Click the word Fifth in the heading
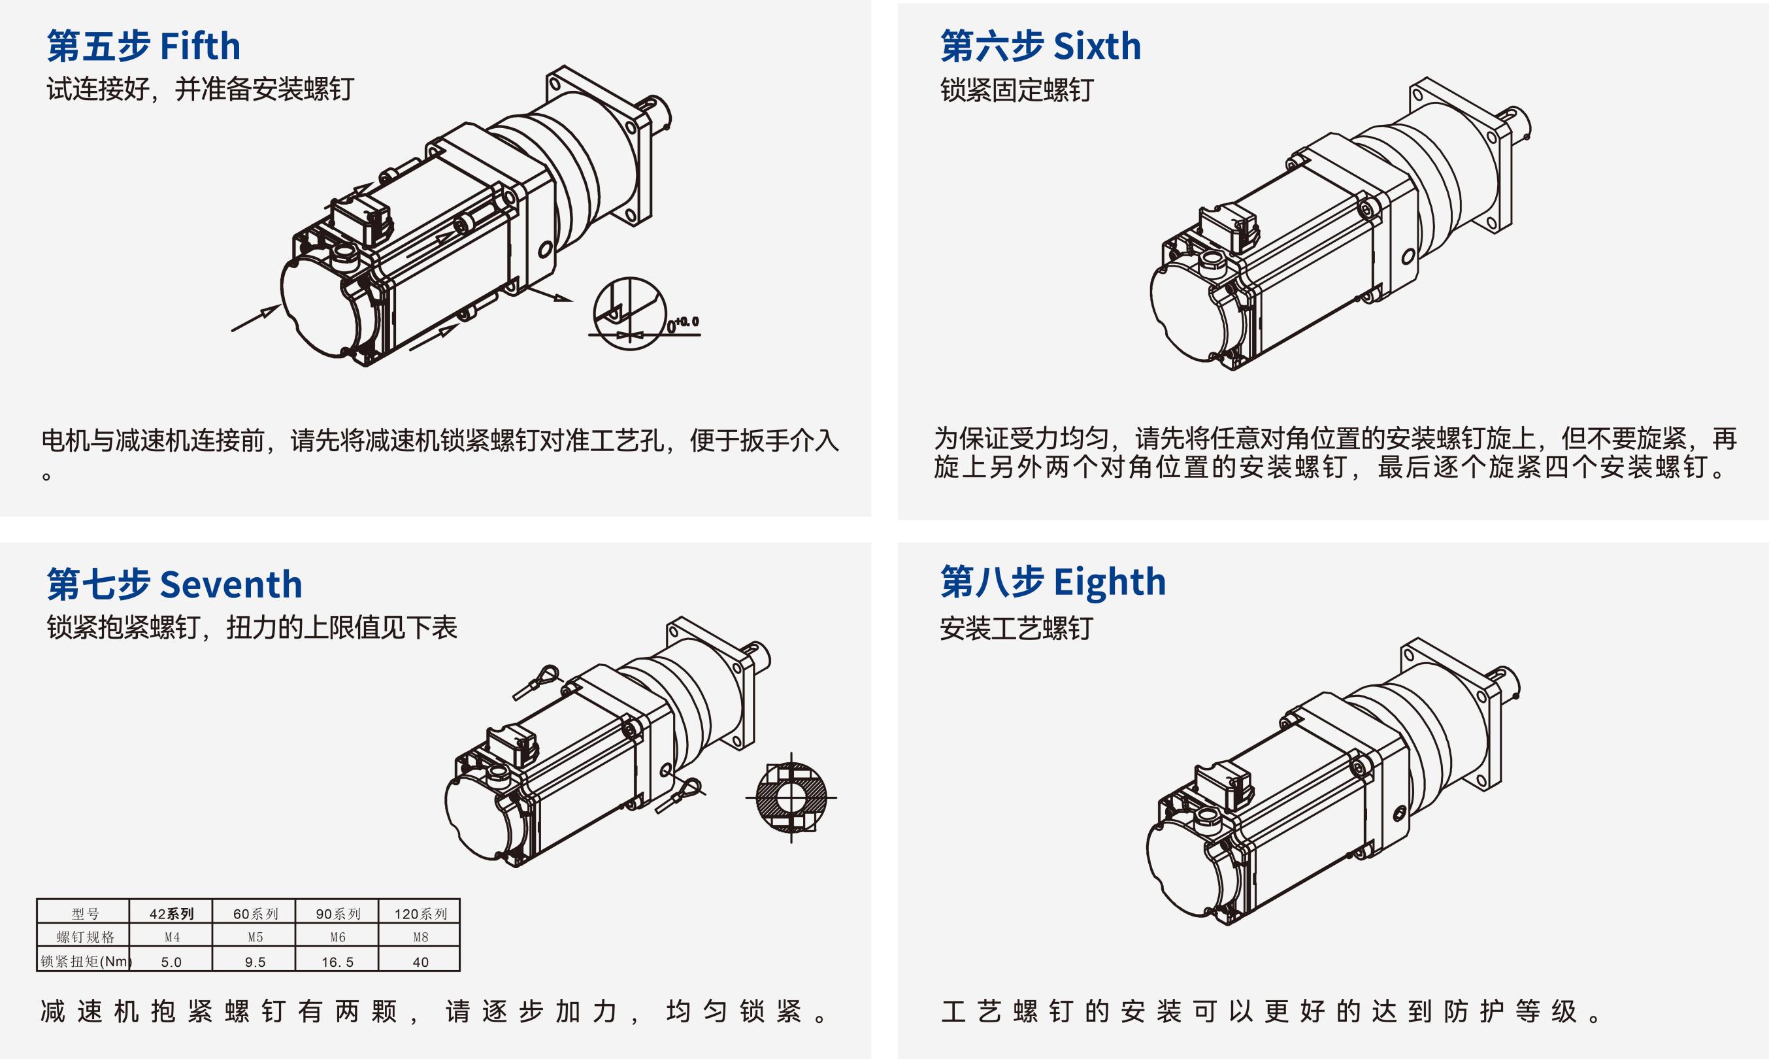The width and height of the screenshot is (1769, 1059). click(200, 46)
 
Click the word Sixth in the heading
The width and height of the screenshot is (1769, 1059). click(1097, 46)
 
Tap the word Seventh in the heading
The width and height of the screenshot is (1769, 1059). click(231, 585)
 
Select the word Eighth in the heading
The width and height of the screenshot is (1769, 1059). click(1109, 582)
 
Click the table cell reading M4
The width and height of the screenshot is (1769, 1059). click(171, 937)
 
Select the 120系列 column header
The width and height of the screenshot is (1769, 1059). click(420, 913)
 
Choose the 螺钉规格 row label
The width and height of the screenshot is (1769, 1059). click(85, 937)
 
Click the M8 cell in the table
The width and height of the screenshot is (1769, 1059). click(420, 937)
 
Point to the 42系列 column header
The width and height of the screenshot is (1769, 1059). click(171, 913)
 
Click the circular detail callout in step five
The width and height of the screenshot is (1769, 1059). click(629, 312)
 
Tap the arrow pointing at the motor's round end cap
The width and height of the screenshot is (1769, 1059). click(255, 319)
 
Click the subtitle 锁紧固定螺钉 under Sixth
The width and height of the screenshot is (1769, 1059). click(1016, 91)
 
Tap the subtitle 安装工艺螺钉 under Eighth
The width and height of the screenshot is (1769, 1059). click(1016, 629)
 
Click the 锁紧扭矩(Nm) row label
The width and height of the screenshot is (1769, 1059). click(85, 961)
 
